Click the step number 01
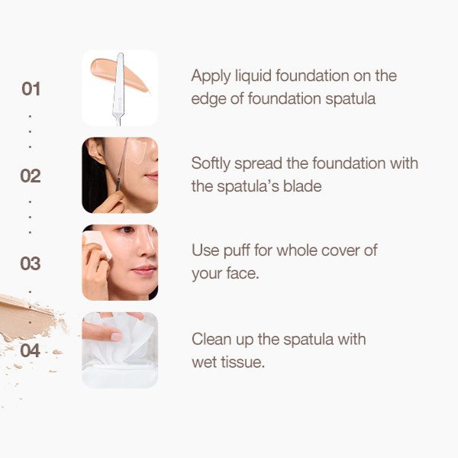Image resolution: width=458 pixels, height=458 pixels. tap(31, 89)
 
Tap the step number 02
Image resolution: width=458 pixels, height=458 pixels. tap(31, 176)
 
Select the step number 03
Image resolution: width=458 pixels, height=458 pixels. tap(31, 263)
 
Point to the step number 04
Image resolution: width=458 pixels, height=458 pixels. tap(31, 350)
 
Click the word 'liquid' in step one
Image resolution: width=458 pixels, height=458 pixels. tap(253, 76)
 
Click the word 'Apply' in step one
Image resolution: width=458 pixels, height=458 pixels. tap(211, 76)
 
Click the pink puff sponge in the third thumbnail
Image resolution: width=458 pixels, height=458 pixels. tap(98, 244)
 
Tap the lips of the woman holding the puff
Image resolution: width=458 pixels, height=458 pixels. tap(144, 270)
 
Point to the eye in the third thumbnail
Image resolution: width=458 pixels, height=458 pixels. tap(126, 230)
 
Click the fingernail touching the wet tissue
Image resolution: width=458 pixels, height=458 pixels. tap(117, 337)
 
